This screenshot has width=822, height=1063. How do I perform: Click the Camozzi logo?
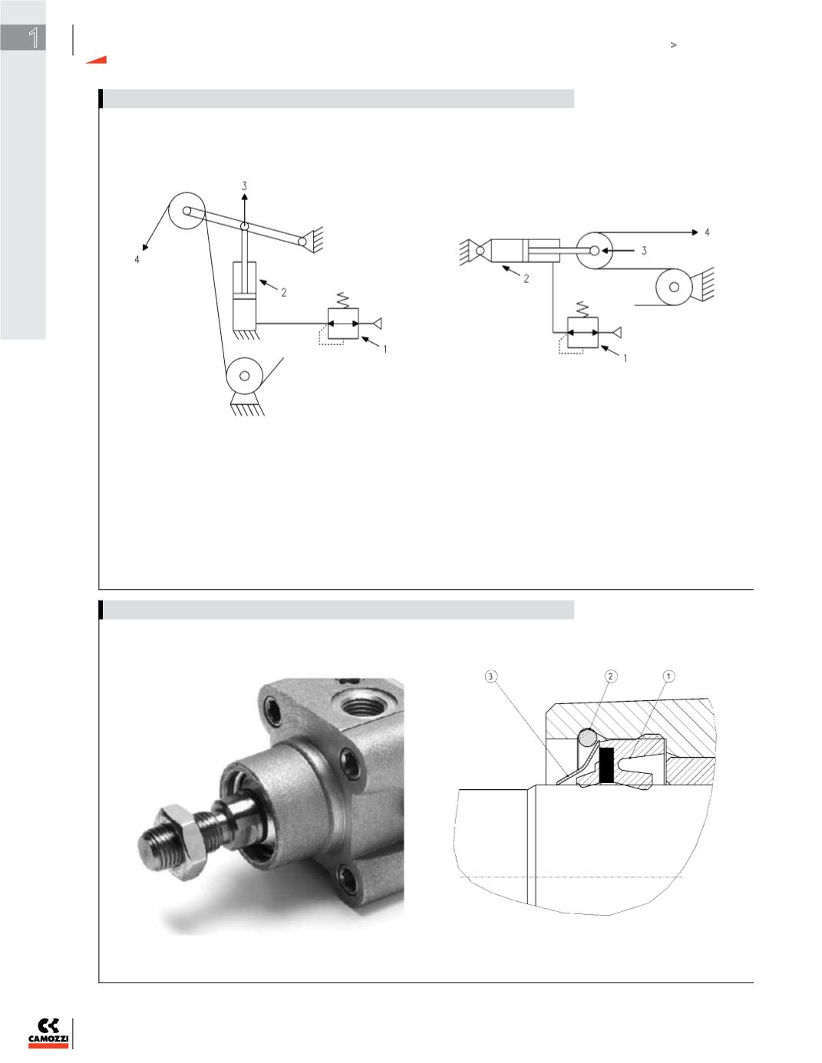[x=48, y=1033]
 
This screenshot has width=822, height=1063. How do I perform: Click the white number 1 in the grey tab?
[x=34, y=38]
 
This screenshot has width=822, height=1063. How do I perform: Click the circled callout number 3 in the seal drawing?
[x=491, y=676]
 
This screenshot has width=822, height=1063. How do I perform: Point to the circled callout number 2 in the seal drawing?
[x=610, y=676]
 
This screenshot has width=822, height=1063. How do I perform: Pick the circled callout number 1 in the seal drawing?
[x=668, y=676]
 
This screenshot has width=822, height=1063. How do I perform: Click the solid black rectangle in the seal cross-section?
[x=606, y=765]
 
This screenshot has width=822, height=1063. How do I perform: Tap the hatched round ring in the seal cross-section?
[x=587, y=738]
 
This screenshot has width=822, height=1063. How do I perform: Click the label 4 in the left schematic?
[x=137, y=259]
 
